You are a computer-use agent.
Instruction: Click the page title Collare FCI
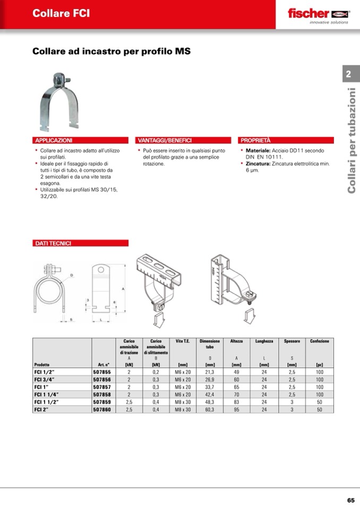click(61, 14)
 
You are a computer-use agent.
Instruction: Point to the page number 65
click(351, 500)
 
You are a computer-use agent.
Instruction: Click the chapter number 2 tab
click(349, 74)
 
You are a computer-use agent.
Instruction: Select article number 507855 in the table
click(102, 373)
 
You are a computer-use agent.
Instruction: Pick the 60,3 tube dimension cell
click(210, 410)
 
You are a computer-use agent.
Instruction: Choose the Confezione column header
click(319, 341)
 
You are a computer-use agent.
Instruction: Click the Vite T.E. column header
click(183, 341)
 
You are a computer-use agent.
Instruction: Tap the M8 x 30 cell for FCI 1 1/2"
click(183, 402)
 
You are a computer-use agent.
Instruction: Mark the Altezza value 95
click(237, 410)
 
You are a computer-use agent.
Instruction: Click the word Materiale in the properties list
click(258, 151)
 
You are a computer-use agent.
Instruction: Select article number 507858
click(102, 395)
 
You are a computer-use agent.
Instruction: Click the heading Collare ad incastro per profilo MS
click(112, 52)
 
